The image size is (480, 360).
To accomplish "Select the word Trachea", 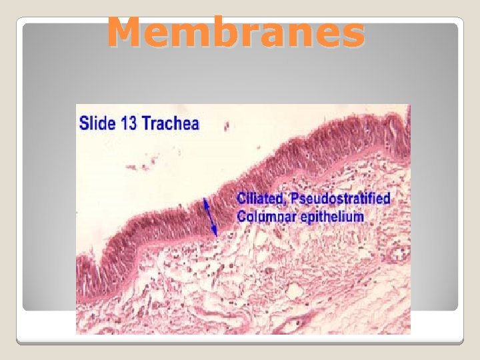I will [173, 123].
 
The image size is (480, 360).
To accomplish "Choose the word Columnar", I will [268, 216].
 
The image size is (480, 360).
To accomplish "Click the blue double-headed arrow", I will [210, 217].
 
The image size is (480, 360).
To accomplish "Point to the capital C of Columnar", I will [242, 216].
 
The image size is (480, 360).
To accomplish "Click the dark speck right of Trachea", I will [226, 125].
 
